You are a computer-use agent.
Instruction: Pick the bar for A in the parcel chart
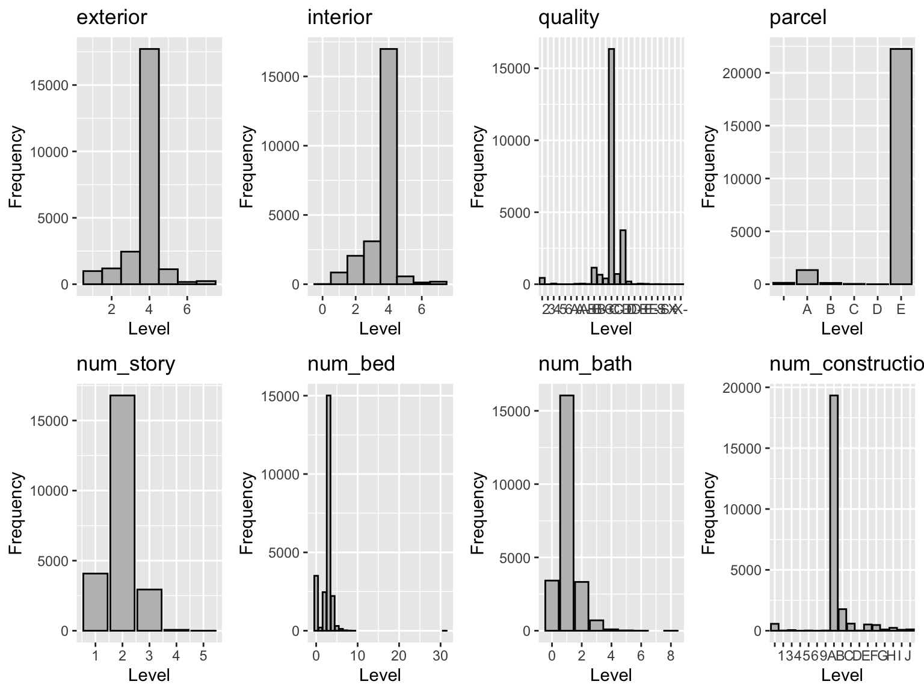point(807,277)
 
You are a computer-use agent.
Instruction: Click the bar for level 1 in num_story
point(95,602)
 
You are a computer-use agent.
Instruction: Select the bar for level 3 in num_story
point(149,610)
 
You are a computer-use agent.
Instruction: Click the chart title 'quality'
point(568,17)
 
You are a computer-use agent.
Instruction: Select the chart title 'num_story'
point(125,364)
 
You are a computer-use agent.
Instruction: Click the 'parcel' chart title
point(798,17)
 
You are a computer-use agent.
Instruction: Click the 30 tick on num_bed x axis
point(440,655)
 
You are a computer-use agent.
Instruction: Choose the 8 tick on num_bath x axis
point(671,655)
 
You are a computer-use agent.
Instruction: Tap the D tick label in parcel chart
point(877,309)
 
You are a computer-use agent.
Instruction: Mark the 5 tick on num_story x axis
point(203,655)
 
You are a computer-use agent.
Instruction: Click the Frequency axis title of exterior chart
point(16,166)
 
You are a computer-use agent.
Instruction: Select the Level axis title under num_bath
point(611,675)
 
